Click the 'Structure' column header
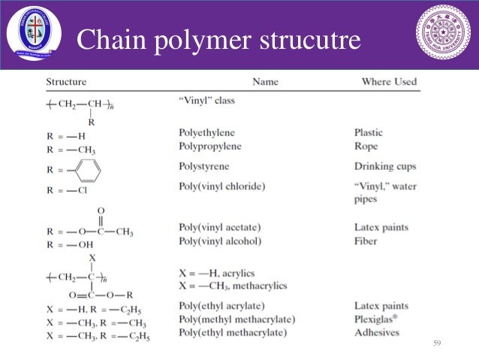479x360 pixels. point(66,81)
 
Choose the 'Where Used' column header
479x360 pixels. point(389,81)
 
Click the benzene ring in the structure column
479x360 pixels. point(89,168)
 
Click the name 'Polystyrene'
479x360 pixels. point(204,166)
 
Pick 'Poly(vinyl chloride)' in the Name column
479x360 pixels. point(222,186)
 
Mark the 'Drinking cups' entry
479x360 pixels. point(385,166)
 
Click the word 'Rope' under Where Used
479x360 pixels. point(366,147)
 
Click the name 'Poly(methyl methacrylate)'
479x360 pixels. point(236,319)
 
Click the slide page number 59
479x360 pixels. point(436,343)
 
